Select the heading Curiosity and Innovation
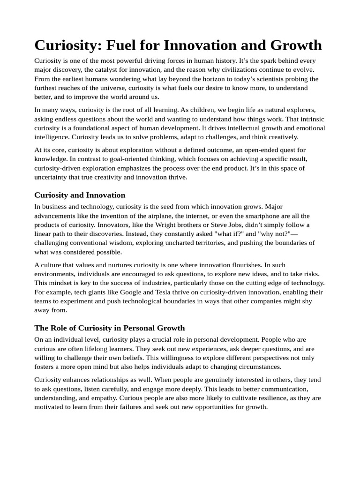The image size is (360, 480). pyautogui.click(x=80, y=195)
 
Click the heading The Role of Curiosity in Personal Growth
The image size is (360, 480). pyautogui.click(x=110, y=328)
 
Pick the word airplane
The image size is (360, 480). pyautogui.click(x=191, y=216)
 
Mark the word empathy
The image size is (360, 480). pyautogui.click(x=101, y=398)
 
